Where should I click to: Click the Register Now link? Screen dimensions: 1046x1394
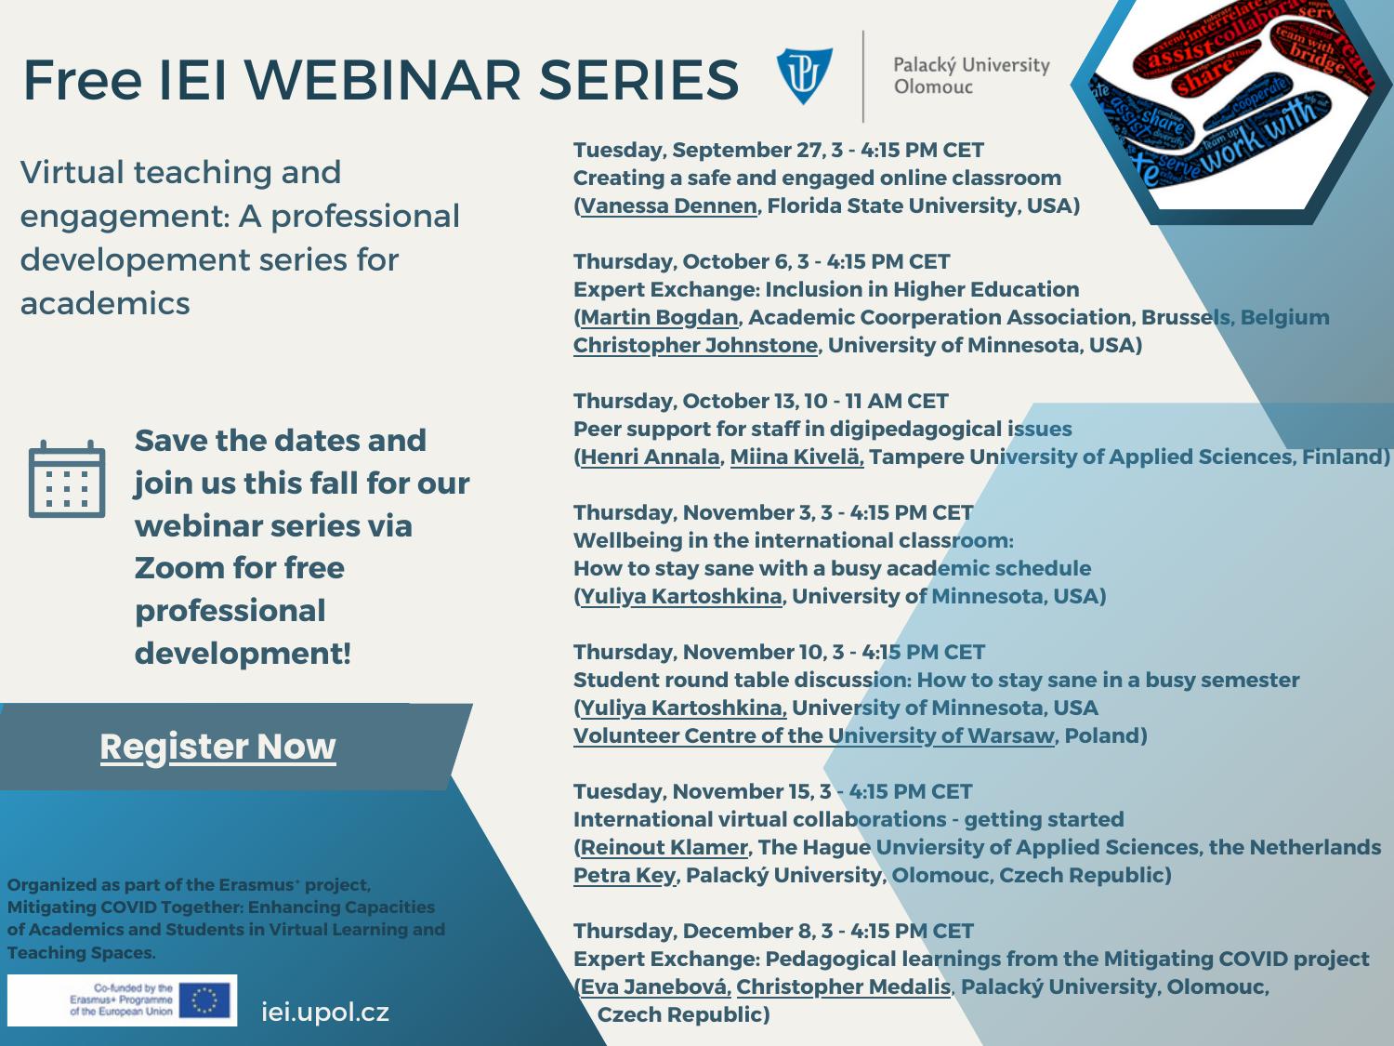tap(217, 747)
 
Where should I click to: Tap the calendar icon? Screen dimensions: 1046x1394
tap(66, 479)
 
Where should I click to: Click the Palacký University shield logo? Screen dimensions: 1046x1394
tap(804, 75)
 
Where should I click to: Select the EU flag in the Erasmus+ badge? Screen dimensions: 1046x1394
tap(205, 1000)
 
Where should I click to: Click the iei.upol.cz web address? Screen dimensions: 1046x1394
tap(325, 1012)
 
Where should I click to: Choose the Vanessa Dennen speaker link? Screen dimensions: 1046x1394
tap(668, 205)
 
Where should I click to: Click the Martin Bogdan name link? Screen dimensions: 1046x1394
tap(659, 317)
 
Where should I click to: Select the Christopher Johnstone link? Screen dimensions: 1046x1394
tap(695, 345)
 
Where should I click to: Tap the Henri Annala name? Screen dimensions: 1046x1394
tap(650, 457)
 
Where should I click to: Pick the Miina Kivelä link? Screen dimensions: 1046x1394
tap(796, 457)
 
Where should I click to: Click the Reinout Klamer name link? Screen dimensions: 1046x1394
tap(664, 847)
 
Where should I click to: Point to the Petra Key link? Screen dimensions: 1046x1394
tap(625, 875)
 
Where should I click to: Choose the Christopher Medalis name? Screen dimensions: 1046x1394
tap(843, 986)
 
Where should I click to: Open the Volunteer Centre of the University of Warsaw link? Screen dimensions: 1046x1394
tap(814, 735)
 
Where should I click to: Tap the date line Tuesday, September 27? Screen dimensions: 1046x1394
tap(778, 150)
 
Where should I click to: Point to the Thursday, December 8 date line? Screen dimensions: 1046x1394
tap(773, 931)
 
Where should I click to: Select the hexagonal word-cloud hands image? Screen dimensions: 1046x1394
tap(1232, 102)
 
